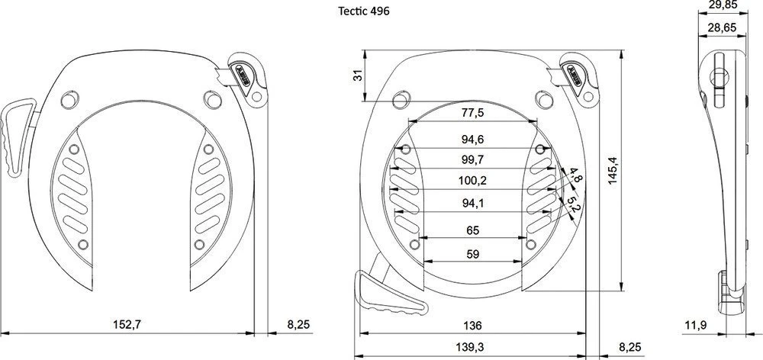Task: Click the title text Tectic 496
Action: pos(363,12)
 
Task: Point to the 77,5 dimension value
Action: pos(472,114)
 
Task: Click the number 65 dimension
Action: pos(472,230)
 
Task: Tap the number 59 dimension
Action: pos(472,254)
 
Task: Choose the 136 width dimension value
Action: pos(472,326)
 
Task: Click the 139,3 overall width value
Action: pos(472,347)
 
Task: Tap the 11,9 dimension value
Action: pos(694,326)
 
